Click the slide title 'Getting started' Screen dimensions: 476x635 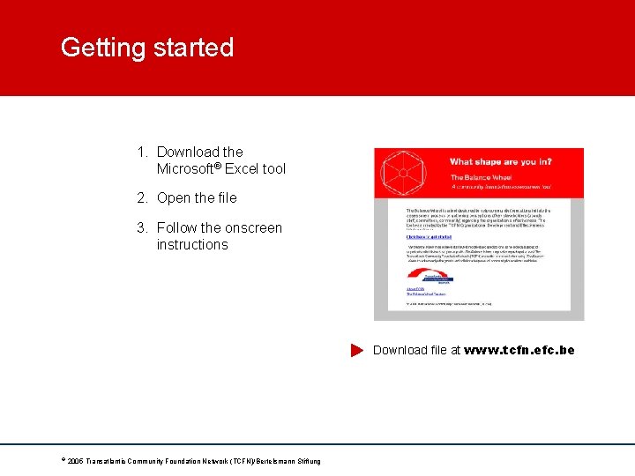tap(147, 48)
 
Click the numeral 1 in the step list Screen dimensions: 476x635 tap(142, 152)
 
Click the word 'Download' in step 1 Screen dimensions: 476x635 tap(188, 152)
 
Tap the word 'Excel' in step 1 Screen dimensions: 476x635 tap(243, 168)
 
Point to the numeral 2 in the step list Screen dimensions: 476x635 tap(142, 198)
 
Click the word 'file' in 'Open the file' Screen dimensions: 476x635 tap(226, 198)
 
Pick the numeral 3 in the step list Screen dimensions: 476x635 tap(142, 228)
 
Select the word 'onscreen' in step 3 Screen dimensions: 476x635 tap(253, 228)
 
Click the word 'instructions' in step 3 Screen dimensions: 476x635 tap(192, 244)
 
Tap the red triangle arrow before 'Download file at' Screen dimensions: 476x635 tap(356, 351)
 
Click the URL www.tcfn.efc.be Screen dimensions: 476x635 tap(519, 350)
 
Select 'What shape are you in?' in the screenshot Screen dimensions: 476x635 tap(500, 162)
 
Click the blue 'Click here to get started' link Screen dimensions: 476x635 tap(429, 236)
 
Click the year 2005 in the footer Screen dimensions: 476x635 tap(74, 462)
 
